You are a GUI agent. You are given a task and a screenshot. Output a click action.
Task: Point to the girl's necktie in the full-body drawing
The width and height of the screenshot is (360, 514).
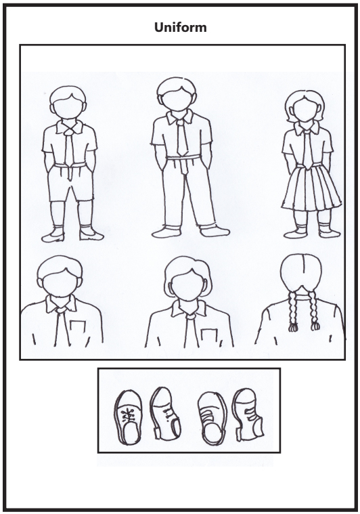(308, 149)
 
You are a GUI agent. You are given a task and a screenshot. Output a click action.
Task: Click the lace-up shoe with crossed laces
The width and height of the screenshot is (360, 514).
(127, 414)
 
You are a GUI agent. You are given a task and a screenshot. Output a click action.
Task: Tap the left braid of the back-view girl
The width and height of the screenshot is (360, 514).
(293, 312)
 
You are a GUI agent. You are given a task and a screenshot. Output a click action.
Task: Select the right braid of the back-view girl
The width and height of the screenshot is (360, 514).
(314, 312)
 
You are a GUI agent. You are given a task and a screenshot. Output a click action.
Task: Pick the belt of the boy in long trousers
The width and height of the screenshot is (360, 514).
(181, 158)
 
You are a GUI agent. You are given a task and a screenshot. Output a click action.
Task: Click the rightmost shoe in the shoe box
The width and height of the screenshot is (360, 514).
(247, 414)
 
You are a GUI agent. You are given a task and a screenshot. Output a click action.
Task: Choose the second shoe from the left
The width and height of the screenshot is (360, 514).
(164, 414)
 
